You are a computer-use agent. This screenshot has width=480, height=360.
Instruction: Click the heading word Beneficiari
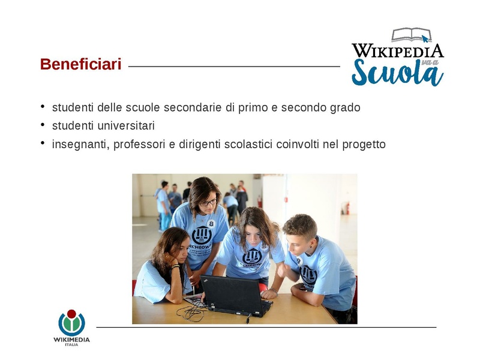pyautogui.click(x=80, y=64)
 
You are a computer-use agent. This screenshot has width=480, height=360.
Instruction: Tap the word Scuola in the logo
pyautogui.click(x=397, y=73)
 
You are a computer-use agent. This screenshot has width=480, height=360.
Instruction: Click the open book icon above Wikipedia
pyautogui.click(x=412, y=35)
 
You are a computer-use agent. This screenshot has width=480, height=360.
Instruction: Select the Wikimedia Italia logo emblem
pyautogui.click(x=71, y=323)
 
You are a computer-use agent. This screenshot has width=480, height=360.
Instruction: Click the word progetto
pyautogui.click(x=364, y=145)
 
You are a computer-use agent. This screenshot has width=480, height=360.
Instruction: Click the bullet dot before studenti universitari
pyautogui.click(x=43, y=125)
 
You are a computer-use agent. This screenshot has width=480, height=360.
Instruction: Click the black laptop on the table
pyautogui.click(x=235, y=294)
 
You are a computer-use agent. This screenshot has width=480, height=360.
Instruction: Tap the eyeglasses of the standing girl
pyautogui.click(x=208, y=203)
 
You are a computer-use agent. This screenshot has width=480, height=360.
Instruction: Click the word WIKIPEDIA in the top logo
pyautogui.click(x=397, y=50)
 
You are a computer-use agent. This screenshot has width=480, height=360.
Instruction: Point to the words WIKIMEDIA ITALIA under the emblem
pyautogui.click(x=71, y=340)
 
